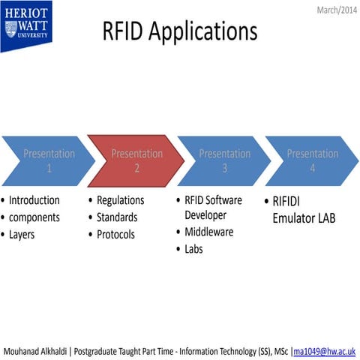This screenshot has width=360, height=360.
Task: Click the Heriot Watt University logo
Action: point(25,25)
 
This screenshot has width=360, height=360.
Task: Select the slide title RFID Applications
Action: point(180,31)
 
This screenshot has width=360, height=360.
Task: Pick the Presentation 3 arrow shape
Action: point(224,160)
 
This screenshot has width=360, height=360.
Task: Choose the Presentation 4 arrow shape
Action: point(312,160)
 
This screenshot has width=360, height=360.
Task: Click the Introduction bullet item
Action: point(34,200)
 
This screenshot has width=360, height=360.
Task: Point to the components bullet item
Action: point(35,217)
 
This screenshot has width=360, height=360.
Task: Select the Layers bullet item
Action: point(22,234)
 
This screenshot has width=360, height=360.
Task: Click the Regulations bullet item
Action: point(120,200)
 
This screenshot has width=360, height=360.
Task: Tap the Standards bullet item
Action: point(117,217)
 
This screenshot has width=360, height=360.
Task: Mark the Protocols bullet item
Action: point(115,234)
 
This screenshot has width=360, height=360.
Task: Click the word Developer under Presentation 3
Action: point(205,215)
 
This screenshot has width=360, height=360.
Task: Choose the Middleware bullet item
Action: point(209,232)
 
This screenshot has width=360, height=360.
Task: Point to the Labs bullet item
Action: point(193,249)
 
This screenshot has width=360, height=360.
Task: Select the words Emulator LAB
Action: point(304,218)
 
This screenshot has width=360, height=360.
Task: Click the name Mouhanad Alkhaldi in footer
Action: point(37,350)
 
